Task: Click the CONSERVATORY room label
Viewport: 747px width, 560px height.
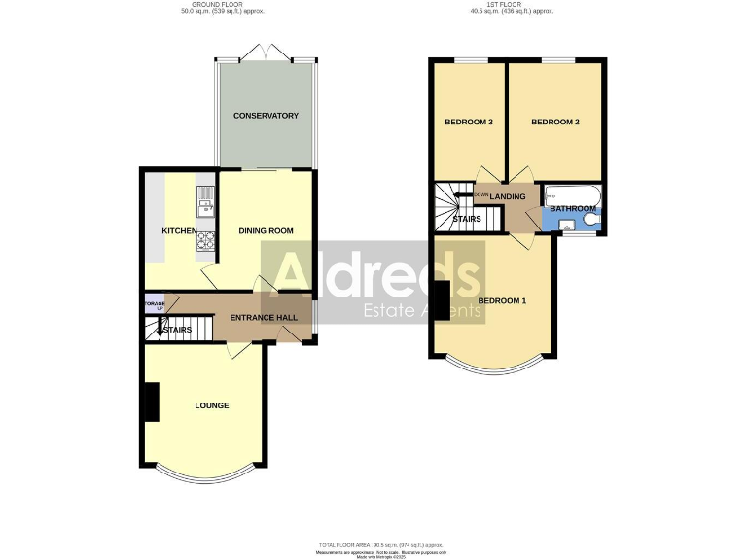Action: tap(266, 116)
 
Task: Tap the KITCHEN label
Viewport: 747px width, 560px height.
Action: tap(180, 231)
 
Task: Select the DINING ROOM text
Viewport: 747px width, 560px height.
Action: tap(266, 231)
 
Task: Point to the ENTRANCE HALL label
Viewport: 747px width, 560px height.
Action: tap(263, 318)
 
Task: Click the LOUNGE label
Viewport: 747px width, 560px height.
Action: tap(211, 405)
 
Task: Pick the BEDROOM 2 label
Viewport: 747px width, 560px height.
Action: tap(555, 122)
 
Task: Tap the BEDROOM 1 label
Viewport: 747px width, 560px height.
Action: tap(502, 300)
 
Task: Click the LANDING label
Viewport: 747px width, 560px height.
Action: tap(508, 197)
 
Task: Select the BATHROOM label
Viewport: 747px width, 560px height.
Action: tap(573, 208)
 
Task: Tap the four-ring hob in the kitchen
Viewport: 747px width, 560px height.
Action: tap(206, 238)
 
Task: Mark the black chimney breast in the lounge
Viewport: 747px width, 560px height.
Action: tap(151, 402)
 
